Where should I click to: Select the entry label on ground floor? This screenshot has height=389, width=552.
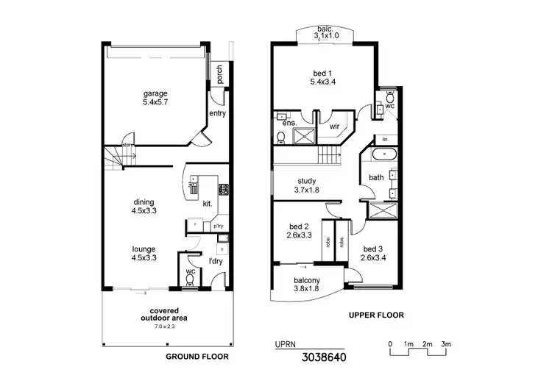pyautogui.click(x=217, y=113)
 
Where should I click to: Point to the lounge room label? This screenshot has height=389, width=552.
pyautogui.click(x=144, y=254)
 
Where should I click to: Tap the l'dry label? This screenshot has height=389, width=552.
pyautogui.click(x=216, y=261)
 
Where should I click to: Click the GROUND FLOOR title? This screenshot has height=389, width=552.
pyautogui.click(x=196, y=356)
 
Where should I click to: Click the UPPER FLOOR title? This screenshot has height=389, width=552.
pyautogui.click(x=376, y=315)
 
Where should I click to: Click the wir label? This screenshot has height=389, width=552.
pyautogui.click(x=334, y=126)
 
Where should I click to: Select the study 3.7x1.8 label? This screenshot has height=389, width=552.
pyautogui.click(x=307, y=185)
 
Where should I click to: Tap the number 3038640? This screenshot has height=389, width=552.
pyautogui.click(x=322, y=358)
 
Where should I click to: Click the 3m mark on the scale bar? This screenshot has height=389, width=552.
pyautogui.click(x=446, y=344)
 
